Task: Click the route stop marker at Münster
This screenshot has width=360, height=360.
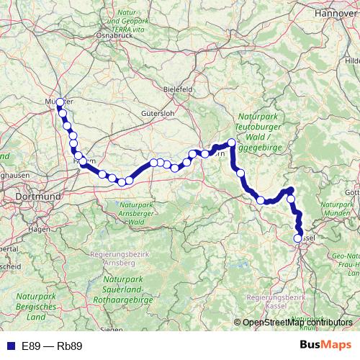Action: click(x=60, y=102)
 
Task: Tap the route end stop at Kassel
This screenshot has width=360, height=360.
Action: click(x=298, y=238)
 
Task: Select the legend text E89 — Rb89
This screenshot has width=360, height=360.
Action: click(x=52, y=346)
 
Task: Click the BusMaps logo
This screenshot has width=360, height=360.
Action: click(x=325, y=345)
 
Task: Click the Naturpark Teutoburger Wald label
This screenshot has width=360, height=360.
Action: click(x=262, y=133)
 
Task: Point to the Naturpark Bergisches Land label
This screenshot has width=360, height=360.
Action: click(x=31, y=306)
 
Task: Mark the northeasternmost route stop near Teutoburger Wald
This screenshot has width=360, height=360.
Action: click(x=231, y=143)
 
